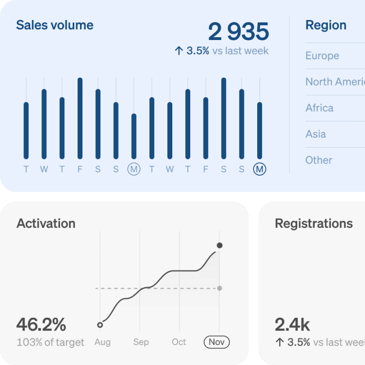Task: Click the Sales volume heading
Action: [x=55, y=25]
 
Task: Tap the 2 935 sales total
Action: [x=238, y=32]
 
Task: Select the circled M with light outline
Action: [x=134, y=169]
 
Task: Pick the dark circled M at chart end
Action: [x=260, y=169]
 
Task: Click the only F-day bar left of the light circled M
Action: [x=80, y=118]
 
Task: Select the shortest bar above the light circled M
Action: [x=134, y=136]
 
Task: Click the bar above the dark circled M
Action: [x=260, y=130]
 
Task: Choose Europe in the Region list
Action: [x=322, y=56]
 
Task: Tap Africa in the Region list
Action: [x=319, y=108]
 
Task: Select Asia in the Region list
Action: [x=315, y=134]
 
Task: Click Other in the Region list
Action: [x=319, y=160]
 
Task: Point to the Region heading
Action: [x=325, y=25]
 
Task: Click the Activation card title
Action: [x=46, y=223]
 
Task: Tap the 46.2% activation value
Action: [x=41, y=324]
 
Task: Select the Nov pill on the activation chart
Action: [x=216, y=342]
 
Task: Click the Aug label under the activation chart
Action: [x=102, y=342]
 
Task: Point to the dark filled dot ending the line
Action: [x=220, y=245]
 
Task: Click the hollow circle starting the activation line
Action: [x=100, y=325]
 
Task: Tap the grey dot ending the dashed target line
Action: [x=220, y=288]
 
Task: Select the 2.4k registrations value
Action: [x=292, y=324]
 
